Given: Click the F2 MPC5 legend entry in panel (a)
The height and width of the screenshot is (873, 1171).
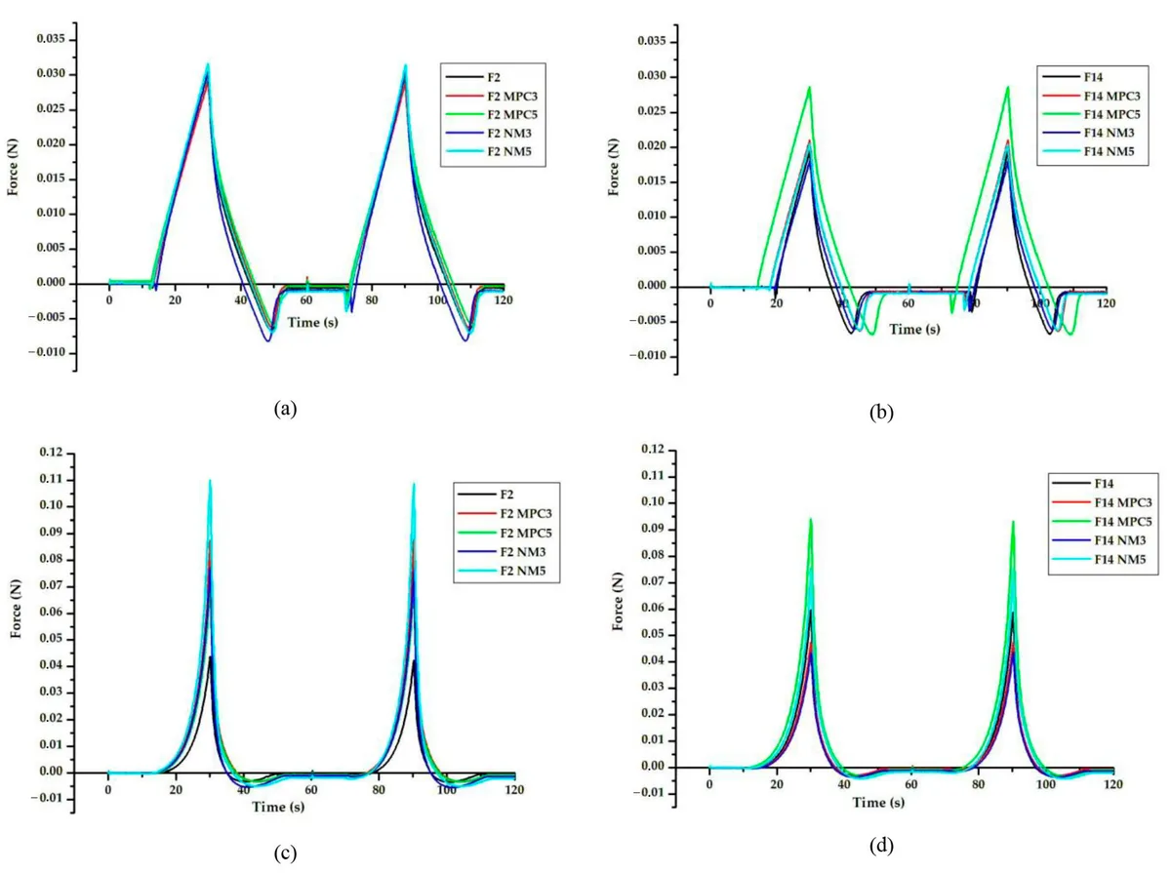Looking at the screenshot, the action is [x=492, y=115].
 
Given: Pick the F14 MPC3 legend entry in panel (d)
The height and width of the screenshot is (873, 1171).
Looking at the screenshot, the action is [x=1101, y=502].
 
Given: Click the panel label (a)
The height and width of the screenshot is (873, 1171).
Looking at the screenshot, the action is [x=285, y=409].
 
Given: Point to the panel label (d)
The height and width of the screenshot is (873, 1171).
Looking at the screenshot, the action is [x=881, y=846].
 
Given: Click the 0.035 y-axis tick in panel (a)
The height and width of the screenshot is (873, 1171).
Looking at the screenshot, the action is [x=51, y=39].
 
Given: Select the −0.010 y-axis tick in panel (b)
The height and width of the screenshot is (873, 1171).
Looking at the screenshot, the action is [x=647, y=356].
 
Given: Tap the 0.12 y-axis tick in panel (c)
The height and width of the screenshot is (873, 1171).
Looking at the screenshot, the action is [x=51, y=453].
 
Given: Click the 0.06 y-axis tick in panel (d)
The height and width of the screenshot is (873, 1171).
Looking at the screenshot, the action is [x=653, y=608].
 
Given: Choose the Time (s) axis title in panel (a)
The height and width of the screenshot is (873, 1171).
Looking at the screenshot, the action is [x=312, y=322].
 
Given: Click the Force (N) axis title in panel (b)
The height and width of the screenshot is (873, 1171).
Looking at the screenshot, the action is [x=614, y=168].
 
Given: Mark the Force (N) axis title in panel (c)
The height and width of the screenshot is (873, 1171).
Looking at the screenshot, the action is [x=16, y=609].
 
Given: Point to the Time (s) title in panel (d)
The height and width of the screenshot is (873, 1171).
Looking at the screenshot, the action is [x=878, y=802].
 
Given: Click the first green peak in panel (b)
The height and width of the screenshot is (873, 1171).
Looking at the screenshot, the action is [x=809, y=87].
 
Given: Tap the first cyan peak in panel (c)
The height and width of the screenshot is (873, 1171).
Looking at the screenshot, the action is [x=210, y=481].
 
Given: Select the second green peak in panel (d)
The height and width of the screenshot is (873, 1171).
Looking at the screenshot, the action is [x=1013, y=522].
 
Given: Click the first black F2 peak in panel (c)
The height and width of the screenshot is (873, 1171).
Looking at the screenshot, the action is [x=210, y=657].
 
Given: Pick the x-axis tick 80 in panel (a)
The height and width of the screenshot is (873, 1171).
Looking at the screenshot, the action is [x=372, y=300].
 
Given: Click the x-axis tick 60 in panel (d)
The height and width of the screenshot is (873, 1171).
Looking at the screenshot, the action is [x=911, y=784].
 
